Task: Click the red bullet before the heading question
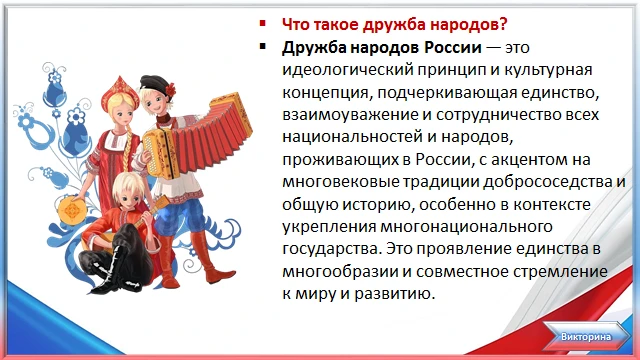click(x=262, y=23)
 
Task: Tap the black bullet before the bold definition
click(x=262, y=46)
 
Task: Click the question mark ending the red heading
click(x=503, y=24)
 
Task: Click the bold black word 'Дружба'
click(x=314, y=48)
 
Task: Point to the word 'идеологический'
click(x=347, y=70)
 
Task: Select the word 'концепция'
click(x=327, y=93)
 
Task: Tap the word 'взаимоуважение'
click(x=351, y=115)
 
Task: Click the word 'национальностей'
click(x=352, y=137)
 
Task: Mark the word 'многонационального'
click(x=466, y=227)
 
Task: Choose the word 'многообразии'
click(x=340, y=271)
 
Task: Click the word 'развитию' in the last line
click(x=394, y=294)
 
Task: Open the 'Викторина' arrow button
click(x=586, y=337)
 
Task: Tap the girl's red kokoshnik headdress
click(x=120, y=92)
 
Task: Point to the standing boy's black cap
click(x=155, y=83)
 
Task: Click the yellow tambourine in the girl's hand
click(x=73, y=211)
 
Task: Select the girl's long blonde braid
click(x=128, y=147)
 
